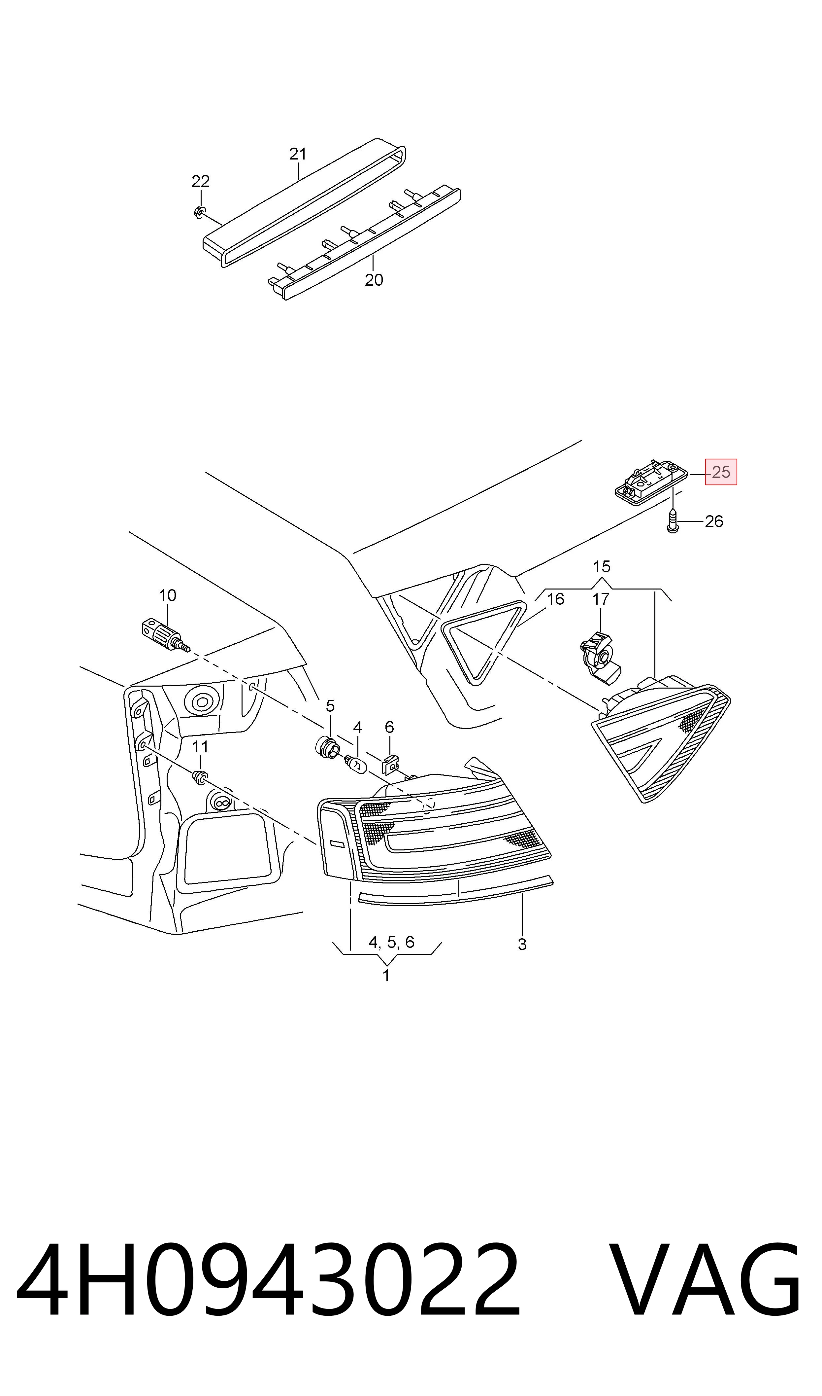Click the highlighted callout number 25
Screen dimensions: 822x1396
tap(721, 472)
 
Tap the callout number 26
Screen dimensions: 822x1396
tap(714, 521)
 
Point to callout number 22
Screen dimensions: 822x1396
tap(201, 181)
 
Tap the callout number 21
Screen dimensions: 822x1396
tap(298, 154)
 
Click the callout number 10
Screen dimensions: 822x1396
tap(167, 596)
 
